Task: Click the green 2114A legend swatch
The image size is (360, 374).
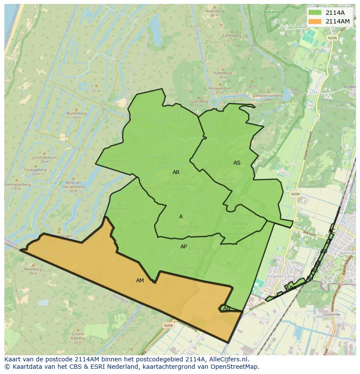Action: click(x=315, y=13)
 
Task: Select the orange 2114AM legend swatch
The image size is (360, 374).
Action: click(x=315, y=21)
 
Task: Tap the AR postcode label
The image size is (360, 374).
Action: click(x=176, y=172)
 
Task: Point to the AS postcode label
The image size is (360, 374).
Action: click(x=237, y=163)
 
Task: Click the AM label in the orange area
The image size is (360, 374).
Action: click(x=140, y=281)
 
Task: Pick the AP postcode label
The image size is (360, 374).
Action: click(x=183, y=247)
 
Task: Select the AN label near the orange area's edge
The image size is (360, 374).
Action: click(x=227, y=308)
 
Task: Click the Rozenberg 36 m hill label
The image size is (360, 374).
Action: click(x=214, y=13)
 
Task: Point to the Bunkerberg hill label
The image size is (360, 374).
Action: click(x=74, y=113)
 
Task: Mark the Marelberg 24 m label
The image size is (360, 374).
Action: click(x=33, y=269)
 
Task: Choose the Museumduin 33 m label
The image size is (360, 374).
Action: click(x=219, y=89)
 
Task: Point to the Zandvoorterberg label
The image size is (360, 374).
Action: click(x=268, y=96)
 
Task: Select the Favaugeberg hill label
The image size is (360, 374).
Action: click(x=36, y=170)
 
